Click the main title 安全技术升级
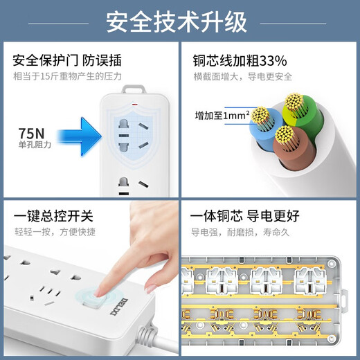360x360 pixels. click(x=177, y=22)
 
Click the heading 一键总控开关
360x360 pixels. click(x=47, y=216)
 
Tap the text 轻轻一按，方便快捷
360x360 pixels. click(x=47, y=231)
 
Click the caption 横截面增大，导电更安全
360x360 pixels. click(x=242, y=75)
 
